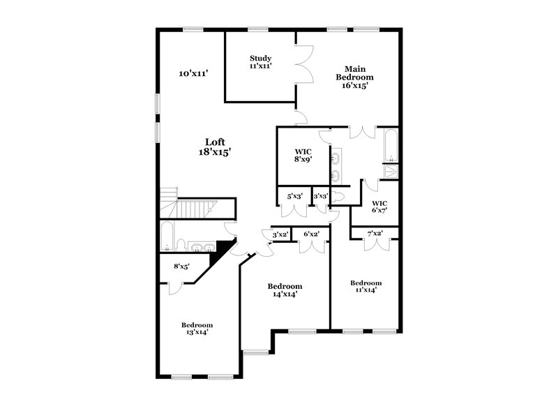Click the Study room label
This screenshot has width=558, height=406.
point(260,62)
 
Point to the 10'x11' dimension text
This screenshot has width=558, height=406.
point(194,73)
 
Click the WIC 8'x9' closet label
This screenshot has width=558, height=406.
point(303,155)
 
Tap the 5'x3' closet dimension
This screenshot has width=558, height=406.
point(293,197)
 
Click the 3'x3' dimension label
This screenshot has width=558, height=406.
point(321,197)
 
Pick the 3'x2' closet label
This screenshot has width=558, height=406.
point(280,234)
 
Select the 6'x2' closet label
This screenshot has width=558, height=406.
point(310,234)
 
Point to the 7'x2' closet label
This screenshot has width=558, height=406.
point(375,234)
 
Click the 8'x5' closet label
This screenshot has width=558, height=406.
point(182,266)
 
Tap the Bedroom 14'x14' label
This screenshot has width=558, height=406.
point(285,290)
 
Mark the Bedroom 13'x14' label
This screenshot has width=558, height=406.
point(197,329)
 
